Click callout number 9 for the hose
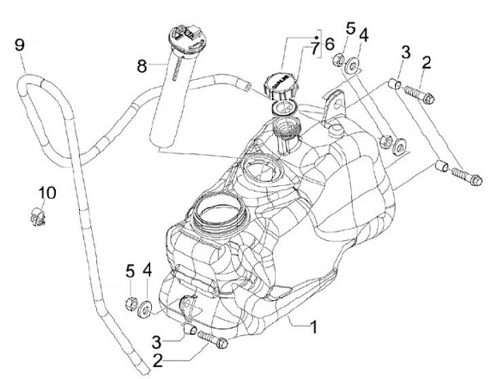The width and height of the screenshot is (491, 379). tap(20, 46)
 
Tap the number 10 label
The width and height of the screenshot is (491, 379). tap(46, 194)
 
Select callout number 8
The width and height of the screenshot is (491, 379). tap(142, 66)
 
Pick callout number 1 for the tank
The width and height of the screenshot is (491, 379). tap(314, 327)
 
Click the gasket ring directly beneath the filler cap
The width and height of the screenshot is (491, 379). tap(282, 107)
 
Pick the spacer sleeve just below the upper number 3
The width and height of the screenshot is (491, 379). tap(393, 85)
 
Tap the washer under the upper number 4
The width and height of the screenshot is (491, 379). tap(353, 66)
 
